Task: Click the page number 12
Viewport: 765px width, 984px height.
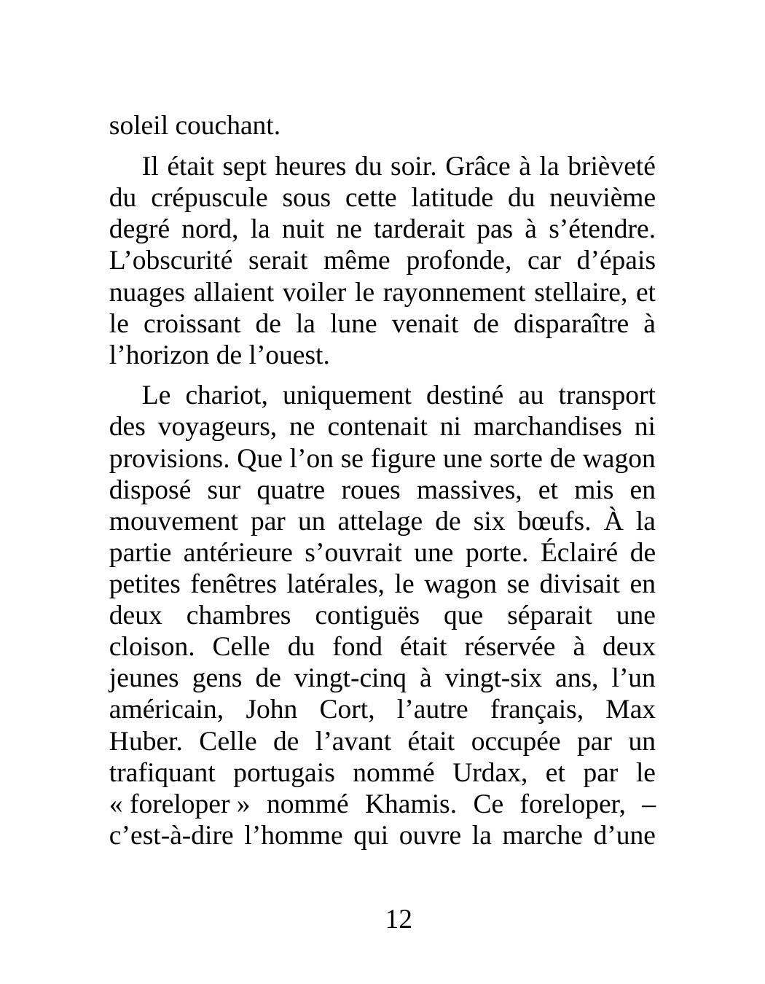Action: (399, 920)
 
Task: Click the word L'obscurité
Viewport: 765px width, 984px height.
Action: (170, 261)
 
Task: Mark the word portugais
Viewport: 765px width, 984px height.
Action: (284, 773)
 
